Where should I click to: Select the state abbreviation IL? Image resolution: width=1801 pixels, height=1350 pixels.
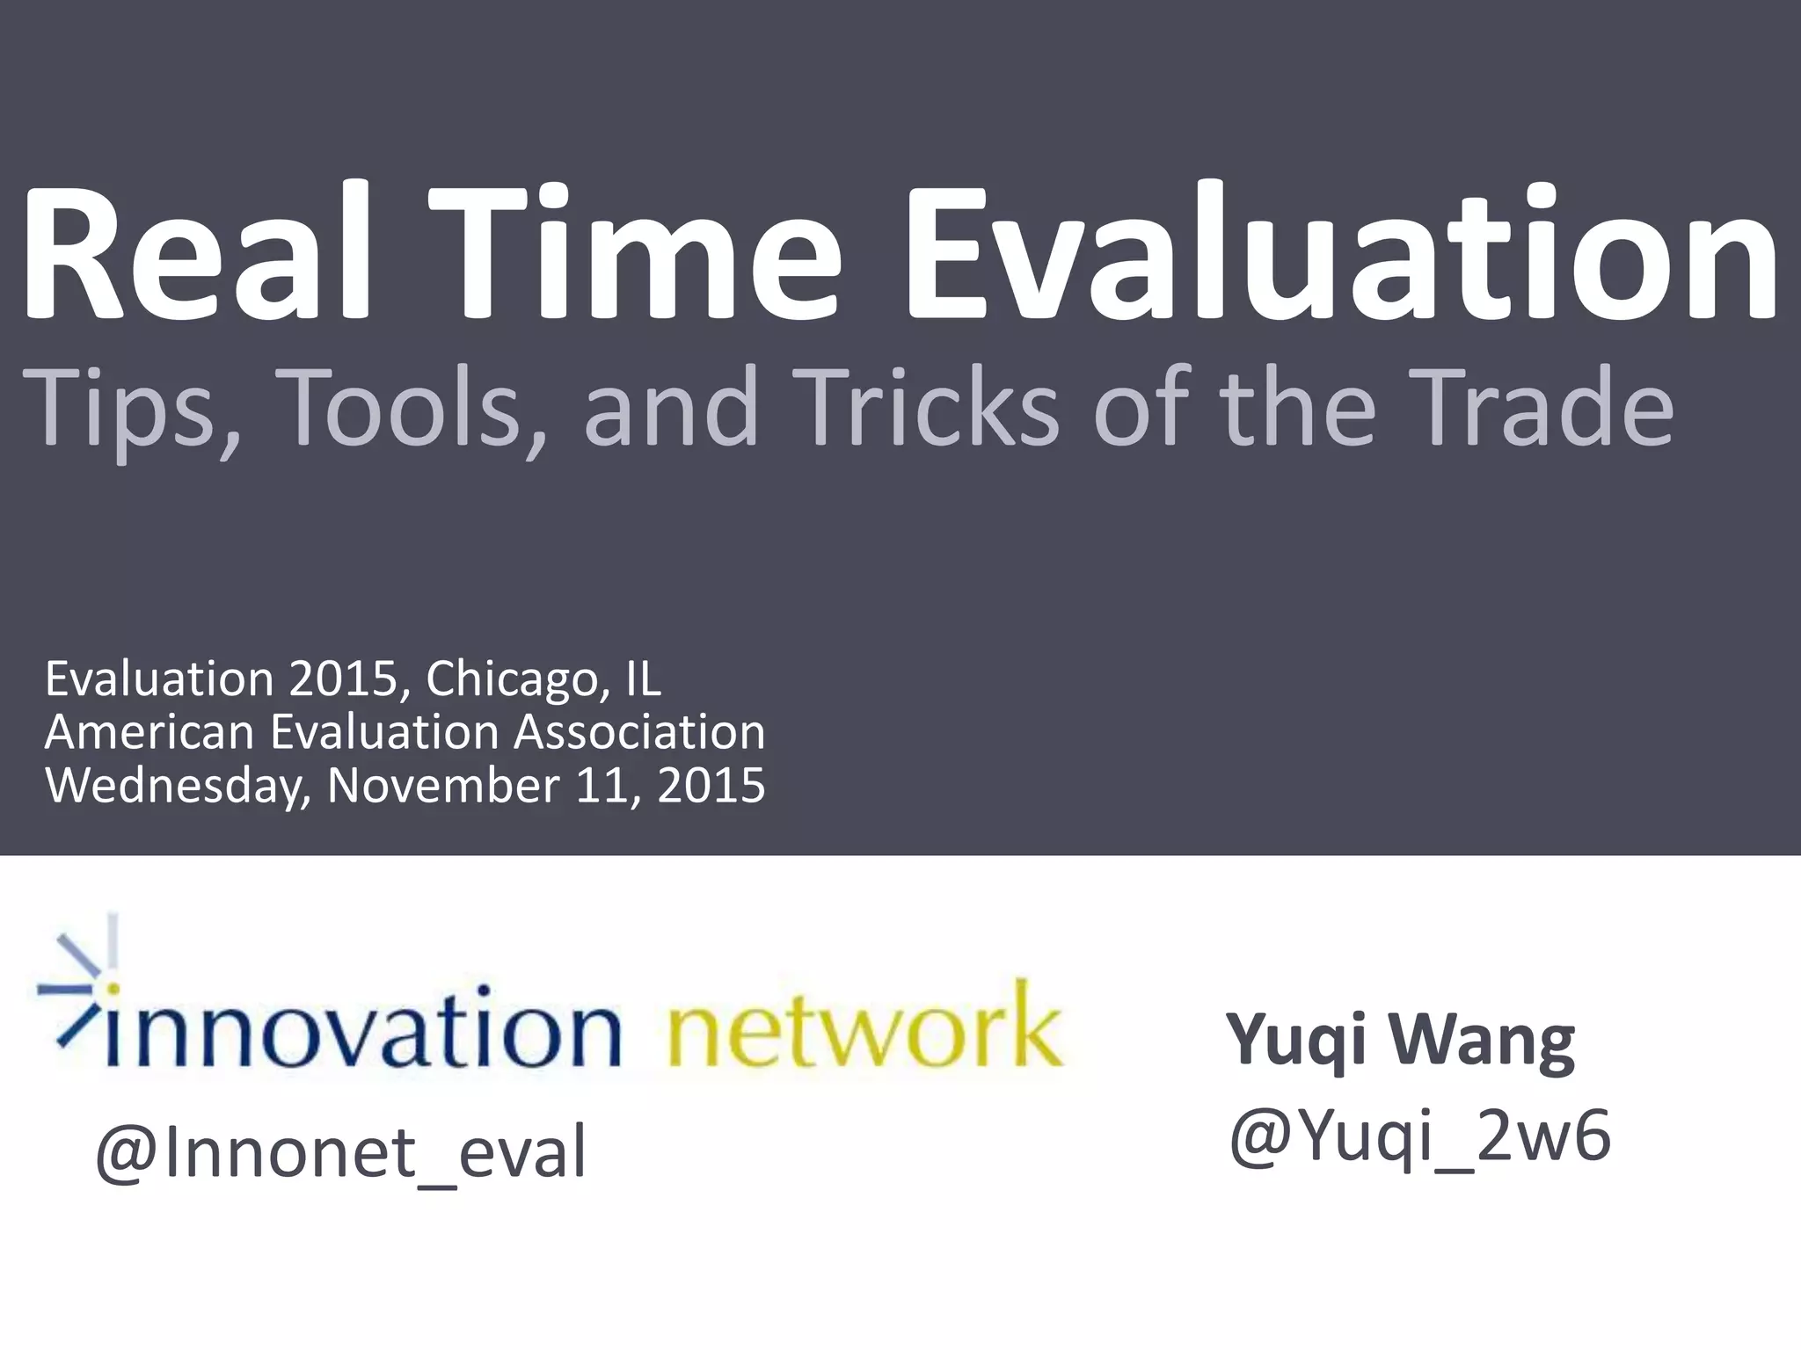click(643, 679)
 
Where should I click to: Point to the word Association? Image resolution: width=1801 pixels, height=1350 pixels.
click(639, 731)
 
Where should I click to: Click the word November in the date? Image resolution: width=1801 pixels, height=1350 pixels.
click(443, 785)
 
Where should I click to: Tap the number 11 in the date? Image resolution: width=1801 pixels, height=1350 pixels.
click(602, 785)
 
